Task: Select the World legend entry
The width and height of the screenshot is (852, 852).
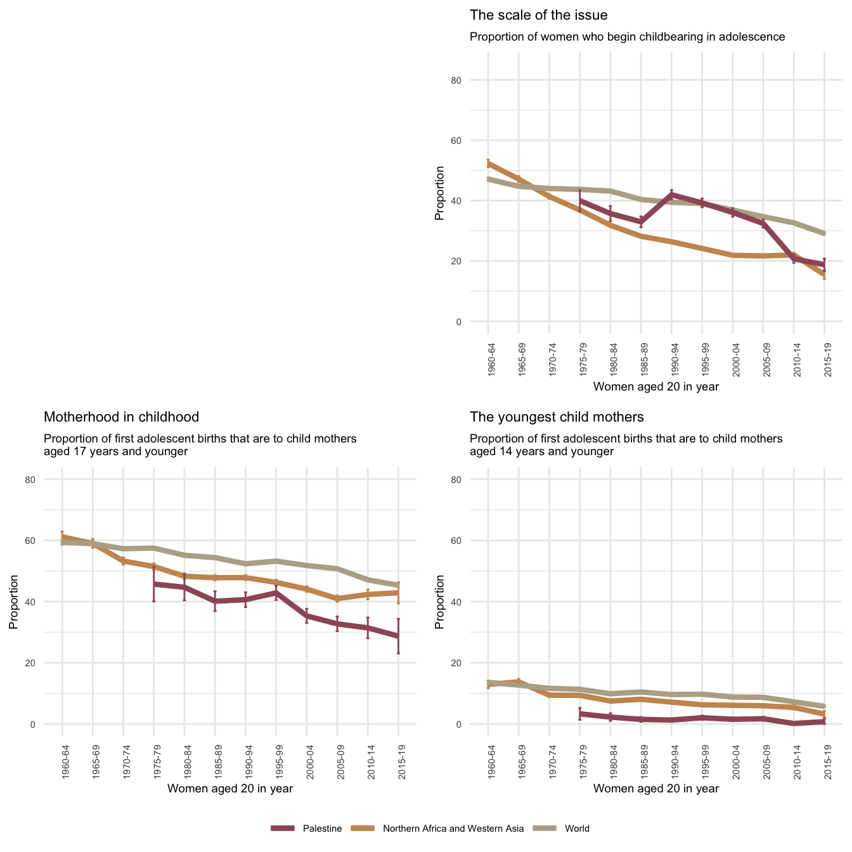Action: point(577,829)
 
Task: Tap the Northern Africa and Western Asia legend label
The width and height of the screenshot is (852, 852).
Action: point(453,829)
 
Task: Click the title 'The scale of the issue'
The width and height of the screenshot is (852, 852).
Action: point(538,15)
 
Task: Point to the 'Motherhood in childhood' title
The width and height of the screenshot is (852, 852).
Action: point(121,417)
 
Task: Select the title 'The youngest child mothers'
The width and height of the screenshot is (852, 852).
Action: point(557,417)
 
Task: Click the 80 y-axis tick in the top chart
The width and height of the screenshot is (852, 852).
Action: point(474,81)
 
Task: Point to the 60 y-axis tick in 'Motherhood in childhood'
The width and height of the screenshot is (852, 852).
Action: point(48,541)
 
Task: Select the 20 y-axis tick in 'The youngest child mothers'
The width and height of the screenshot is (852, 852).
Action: point(474,663)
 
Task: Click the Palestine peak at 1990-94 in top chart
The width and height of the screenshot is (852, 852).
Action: point(671,194)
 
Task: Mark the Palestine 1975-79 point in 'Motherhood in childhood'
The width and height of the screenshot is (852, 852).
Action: point(154,584)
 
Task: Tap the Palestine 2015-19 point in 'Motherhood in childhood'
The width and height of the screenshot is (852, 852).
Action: point(398,636)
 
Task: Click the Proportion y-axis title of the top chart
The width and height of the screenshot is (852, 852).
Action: point(439,193)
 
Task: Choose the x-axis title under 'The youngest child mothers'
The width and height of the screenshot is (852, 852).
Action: point(656,789)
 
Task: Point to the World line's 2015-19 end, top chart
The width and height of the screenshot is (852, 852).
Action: point(824,234)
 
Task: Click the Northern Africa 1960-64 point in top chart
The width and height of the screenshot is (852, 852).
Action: point(488,164)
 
